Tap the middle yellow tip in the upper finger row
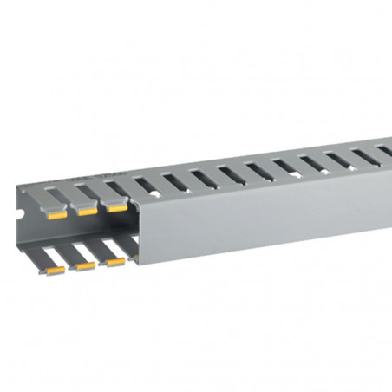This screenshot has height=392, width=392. click(86, 212)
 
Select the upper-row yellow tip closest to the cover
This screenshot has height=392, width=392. click(114, 207)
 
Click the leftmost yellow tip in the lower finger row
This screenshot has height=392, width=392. click(55, 271)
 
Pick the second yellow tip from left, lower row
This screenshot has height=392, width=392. click(84, 266)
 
